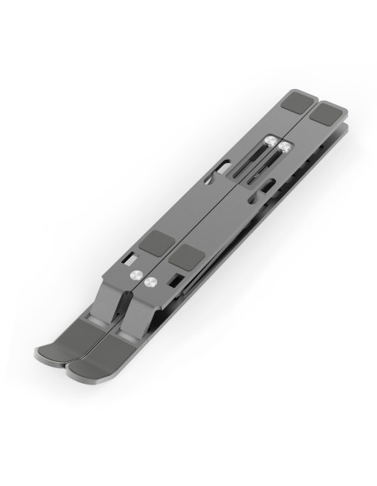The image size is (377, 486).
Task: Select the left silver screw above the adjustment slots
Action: click(x=270, y=143)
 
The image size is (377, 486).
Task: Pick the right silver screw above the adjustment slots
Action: click(x=285, y=147)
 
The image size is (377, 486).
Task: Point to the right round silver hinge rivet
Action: click(x=150, y=283)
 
